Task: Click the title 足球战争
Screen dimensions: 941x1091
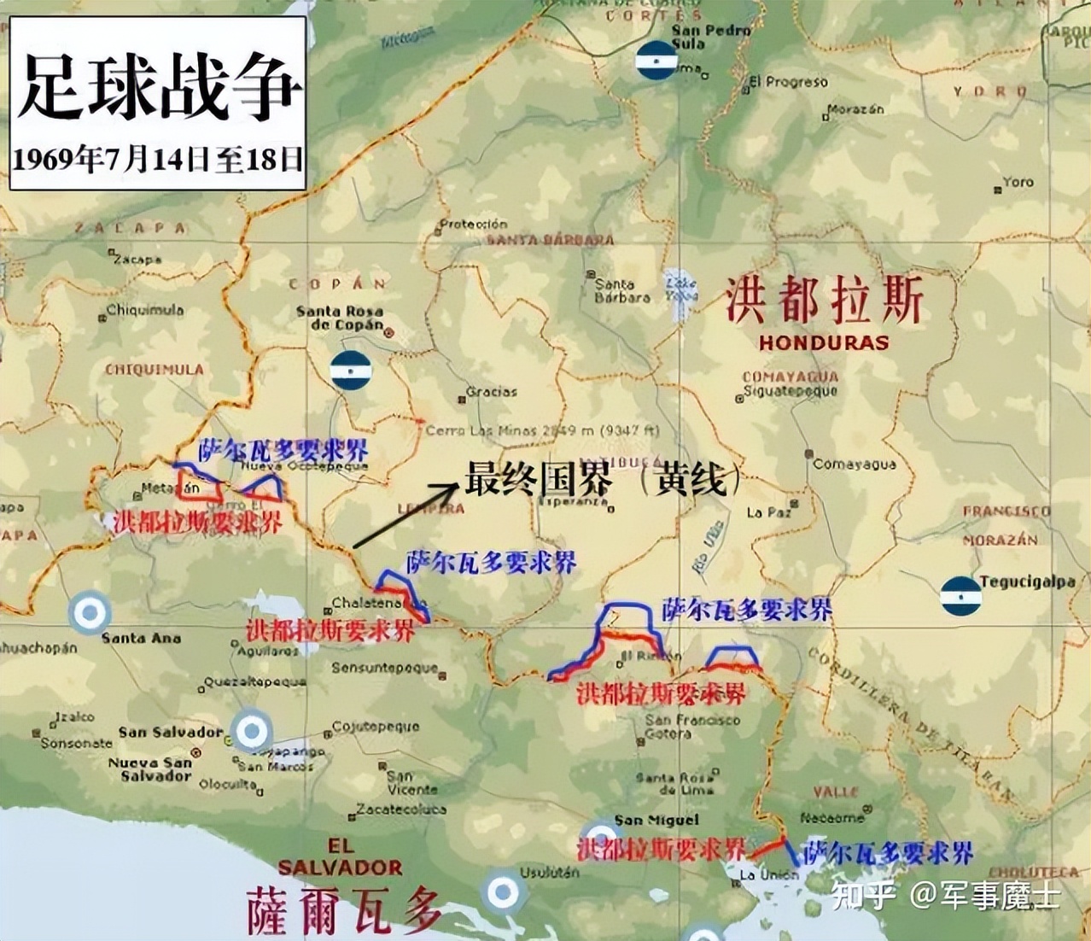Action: pos(159,87)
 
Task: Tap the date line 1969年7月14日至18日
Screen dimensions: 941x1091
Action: pos(159,159)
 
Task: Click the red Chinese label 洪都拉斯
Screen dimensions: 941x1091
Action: pos(824,302)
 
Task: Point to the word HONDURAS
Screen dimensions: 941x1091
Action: pos(824,343)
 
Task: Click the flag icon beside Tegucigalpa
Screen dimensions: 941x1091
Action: pos(960,595)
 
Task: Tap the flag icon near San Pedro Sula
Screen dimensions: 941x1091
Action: pos(656,61)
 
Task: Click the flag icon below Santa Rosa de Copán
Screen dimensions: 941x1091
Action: pos(349,370)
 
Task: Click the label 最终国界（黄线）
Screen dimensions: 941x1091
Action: pos(603,480)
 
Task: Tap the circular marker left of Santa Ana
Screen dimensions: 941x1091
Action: pos(89,612)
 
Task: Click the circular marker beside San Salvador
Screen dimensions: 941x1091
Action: pos(251,731)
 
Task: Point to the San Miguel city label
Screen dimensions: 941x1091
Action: pos(656,820)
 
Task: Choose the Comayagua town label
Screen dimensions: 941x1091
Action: pos(854,464)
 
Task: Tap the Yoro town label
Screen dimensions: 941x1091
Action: pos(1018,182)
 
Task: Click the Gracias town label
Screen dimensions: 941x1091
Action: pos(492,392)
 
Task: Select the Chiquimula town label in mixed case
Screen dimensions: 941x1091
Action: pos(144,310)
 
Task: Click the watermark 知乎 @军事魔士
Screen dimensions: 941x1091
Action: pos(945,896)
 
